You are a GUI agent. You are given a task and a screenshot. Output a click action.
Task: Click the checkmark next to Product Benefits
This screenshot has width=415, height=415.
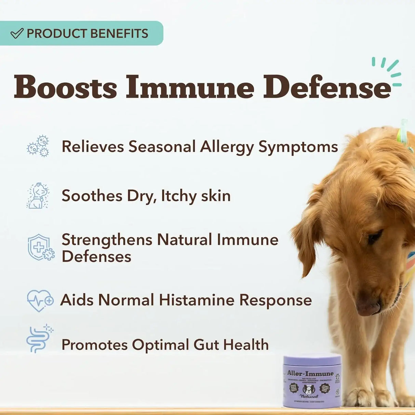tap(17, 33)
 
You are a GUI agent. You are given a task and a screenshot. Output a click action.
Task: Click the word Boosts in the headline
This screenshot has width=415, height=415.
tap(65, 87)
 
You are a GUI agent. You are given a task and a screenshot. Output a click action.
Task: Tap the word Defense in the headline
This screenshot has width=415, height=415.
tap(327, 87)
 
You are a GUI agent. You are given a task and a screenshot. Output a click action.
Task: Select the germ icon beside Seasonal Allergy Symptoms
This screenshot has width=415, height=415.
tap(38, 146)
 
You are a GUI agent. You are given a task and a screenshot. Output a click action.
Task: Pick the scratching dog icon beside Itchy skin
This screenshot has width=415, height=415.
tap(38, 196)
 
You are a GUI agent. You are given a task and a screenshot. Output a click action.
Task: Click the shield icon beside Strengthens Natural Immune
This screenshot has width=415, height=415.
tap(41, 247)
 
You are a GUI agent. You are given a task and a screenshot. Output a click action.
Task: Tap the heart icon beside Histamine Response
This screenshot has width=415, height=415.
tap(40, 300)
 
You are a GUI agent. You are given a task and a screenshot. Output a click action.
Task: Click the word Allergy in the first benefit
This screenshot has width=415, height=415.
tap(227, 147)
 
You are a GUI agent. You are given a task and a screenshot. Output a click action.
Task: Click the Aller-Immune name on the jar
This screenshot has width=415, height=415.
tap(310, 374)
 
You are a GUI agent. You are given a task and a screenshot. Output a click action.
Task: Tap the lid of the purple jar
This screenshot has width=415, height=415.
tap(312, 360)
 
